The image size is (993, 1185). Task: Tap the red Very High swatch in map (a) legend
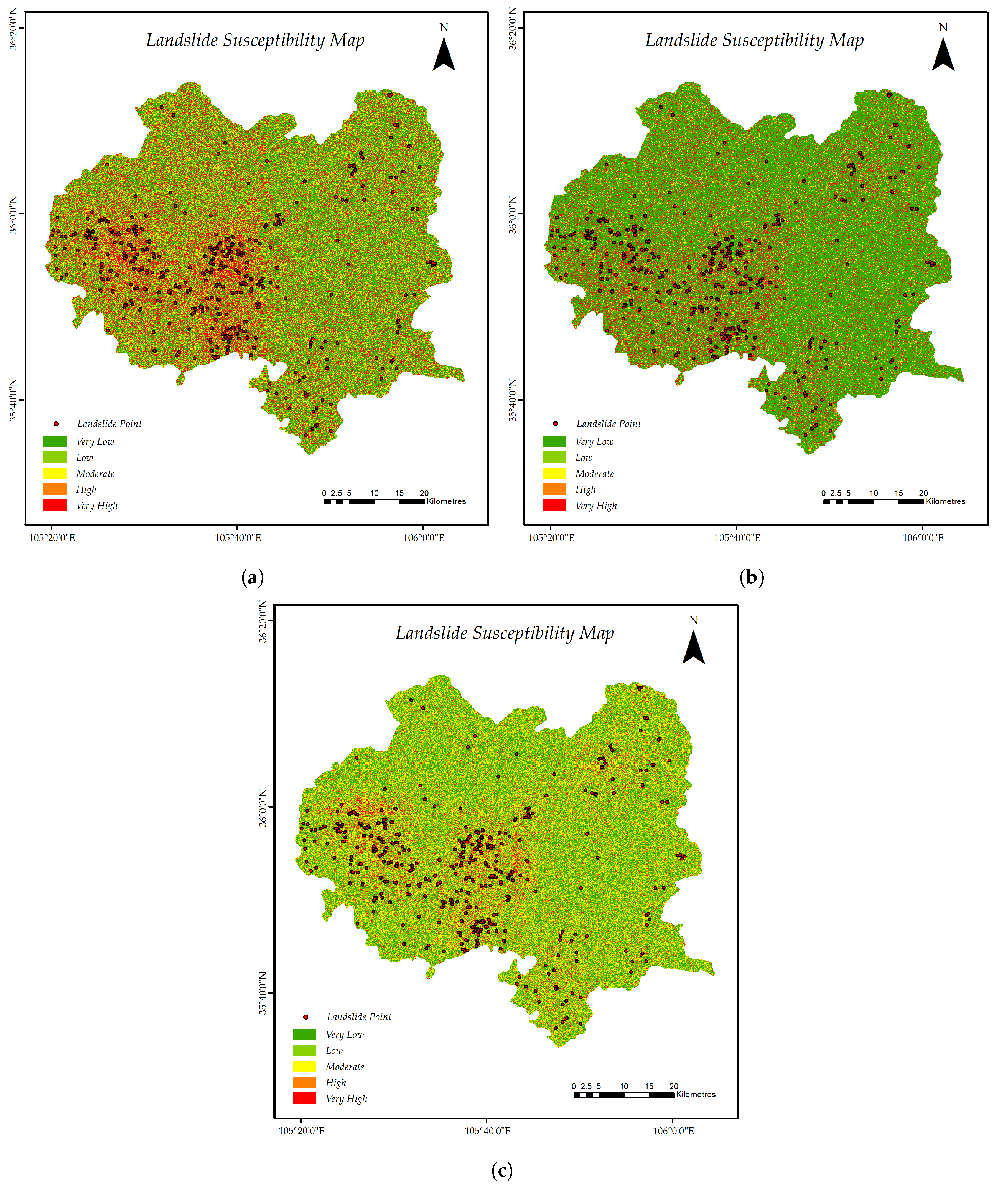tap(55, 505)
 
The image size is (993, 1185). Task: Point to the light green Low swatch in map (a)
tap(55, 457)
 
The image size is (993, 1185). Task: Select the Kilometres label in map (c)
tap(696, 1094)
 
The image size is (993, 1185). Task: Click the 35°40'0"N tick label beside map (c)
tap(263, 993)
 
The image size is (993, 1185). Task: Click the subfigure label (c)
tap(502, 1170)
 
